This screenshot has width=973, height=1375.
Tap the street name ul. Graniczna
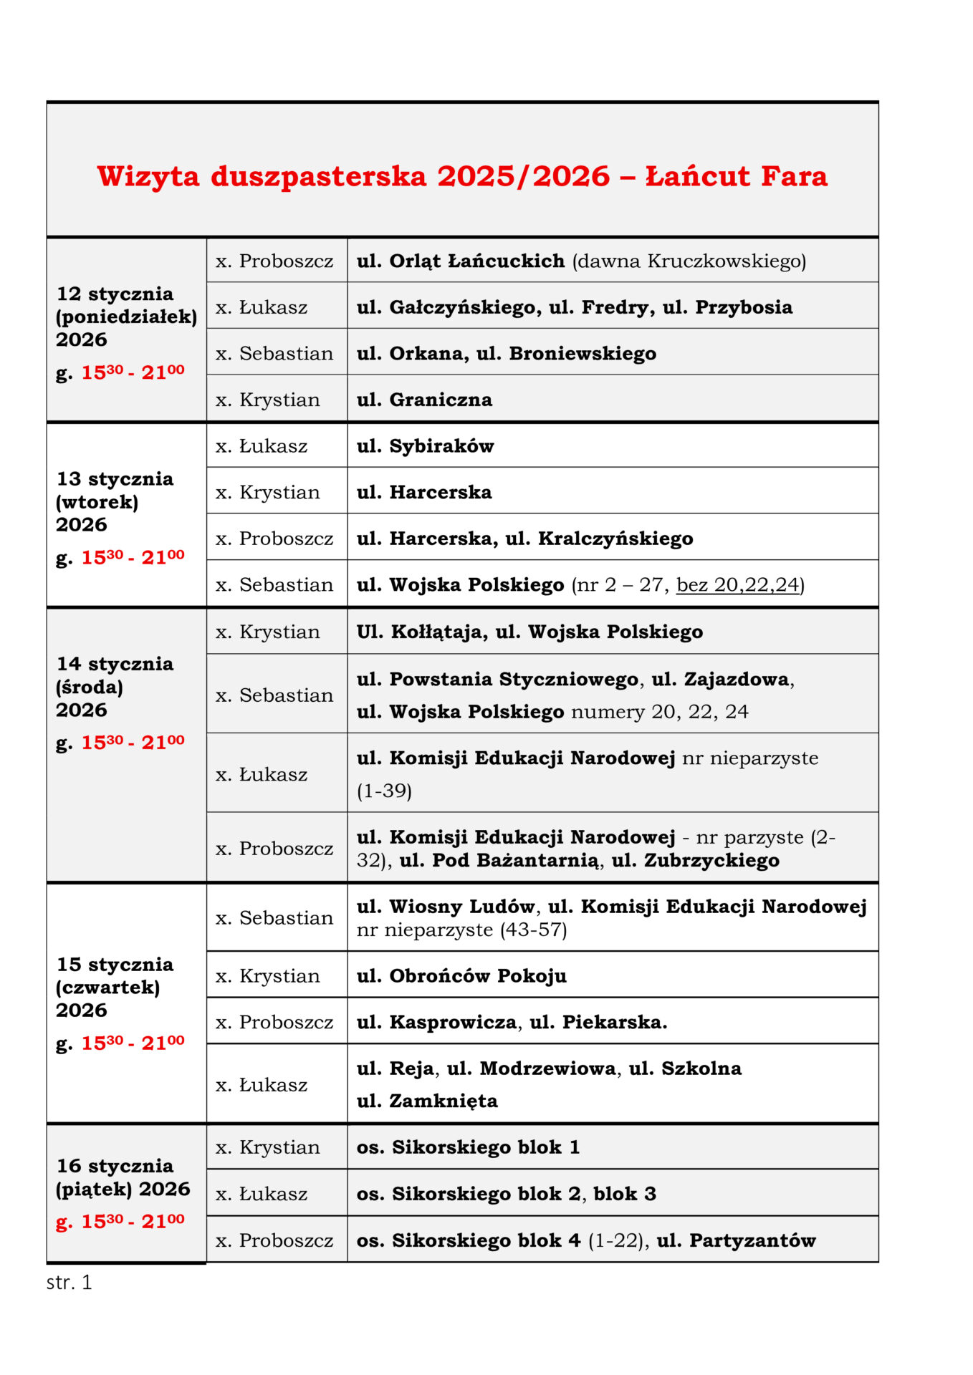[x=424, y=400]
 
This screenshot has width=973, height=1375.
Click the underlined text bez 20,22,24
[x=737, y=585]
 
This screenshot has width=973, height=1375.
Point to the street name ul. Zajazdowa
[x=720, y=679]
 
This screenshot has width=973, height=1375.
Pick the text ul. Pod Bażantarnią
[x=499, y=860]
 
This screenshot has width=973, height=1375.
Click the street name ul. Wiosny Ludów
[x=446, y=907]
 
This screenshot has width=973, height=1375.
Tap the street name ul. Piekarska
[x=598, y=1022]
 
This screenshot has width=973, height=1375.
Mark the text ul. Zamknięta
[x=427, y=1101]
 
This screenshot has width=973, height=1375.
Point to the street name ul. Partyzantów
[x=736, y=1240]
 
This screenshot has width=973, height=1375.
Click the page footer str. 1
[x=69, y=1282]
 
